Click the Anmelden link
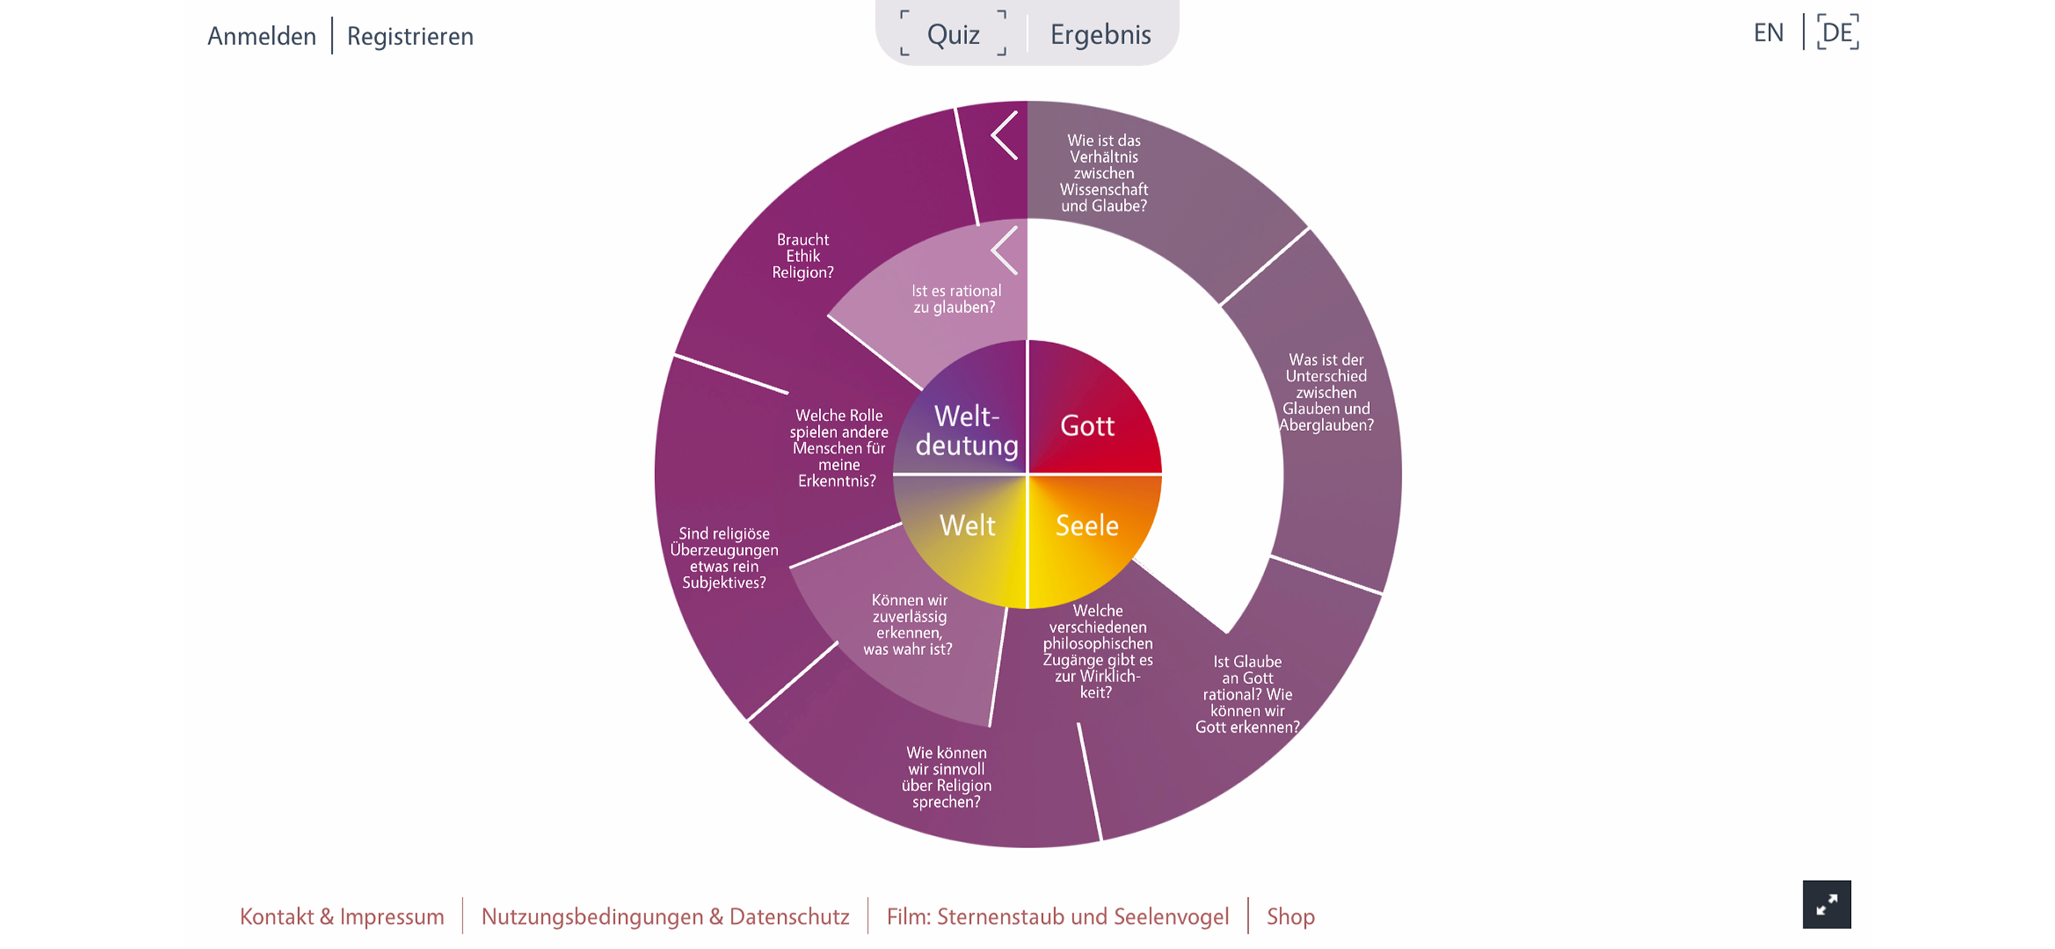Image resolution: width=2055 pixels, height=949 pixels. (261, 36)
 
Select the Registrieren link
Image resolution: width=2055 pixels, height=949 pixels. (410, 36)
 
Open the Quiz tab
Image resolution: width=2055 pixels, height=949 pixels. (953, 34)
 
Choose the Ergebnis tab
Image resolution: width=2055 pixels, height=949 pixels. (1100, 34)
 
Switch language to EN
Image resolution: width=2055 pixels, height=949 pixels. (1768, 33)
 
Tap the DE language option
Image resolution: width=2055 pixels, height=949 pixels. (1837, 33)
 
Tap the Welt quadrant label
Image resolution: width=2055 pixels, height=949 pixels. (968, 525)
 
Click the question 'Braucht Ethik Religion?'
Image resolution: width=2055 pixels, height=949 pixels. (803, 255)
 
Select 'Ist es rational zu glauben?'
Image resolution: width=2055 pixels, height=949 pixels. (956, 299)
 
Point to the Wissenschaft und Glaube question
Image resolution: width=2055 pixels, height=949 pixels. (1104, 173)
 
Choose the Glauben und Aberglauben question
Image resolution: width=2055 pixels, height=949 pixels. (1326, 392)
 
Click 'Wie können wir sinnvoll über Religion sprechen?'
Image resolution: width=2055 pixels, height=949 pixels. (946, 777)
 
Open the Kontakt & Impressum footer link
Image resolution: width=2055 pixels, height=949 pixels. (342, 916)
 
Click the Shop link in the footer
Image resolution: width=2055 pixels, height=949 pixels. (1290, 917)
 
